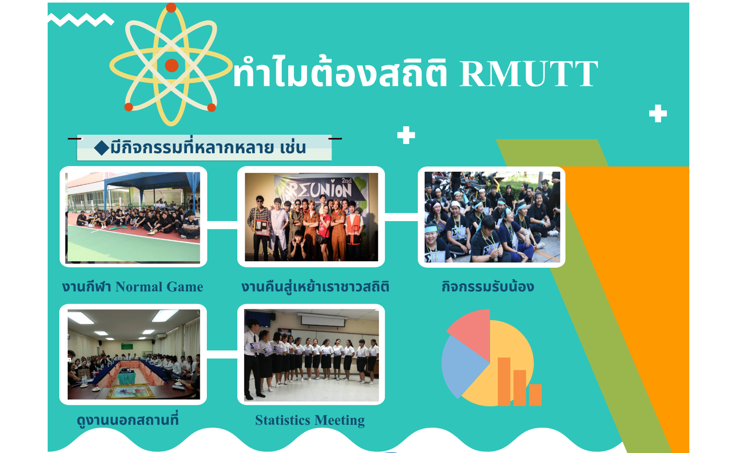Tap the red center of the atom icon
(x=172, y=65)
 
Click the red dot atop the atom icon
(x=171, y=7)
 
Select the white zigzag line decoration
(x=81, y=19)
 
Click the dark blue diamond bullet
(x=101, y=147)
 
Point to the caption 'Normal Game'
(x=159, y=286)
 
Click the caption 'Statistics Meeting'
(x=310, y=420)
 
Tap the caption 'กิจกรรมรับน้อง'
(x=488, y=286)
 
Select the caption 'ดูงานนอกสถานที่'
(x=128, y=420)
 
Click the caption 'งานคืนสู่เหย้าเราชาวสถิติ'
(x=315, y=286)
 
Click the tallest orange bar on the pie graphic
(x=504, y=381)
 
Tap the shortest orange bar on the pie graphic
(x=535, y=395)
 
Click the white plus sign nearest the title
(x=406, y=135)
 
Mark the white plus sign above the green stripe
(x=658, y=113)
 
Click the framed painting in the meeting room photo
(x=131, y=391)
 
